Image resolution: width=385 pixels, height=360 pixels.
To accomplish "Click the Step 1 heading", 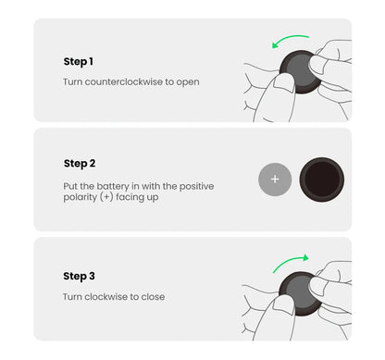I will pos(78,61).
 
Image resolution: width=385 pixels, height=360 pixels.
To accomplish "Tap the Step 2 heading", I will pos(80,164).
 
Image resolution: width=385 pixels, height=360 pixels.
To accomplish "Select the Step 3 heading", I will pos(79,276).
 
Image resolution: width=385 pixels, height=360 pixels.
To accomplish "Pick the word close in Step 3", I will pos(154,297).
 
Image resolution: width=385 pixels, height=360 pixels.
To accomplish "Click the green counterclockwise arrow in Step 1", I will pos(292,40).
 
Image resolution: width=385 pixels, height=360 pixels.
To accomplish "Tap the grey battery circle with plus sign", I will pos(275,179).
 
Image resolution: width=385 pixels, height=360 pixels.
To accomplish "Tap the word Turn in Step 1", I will pos(73,82).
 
